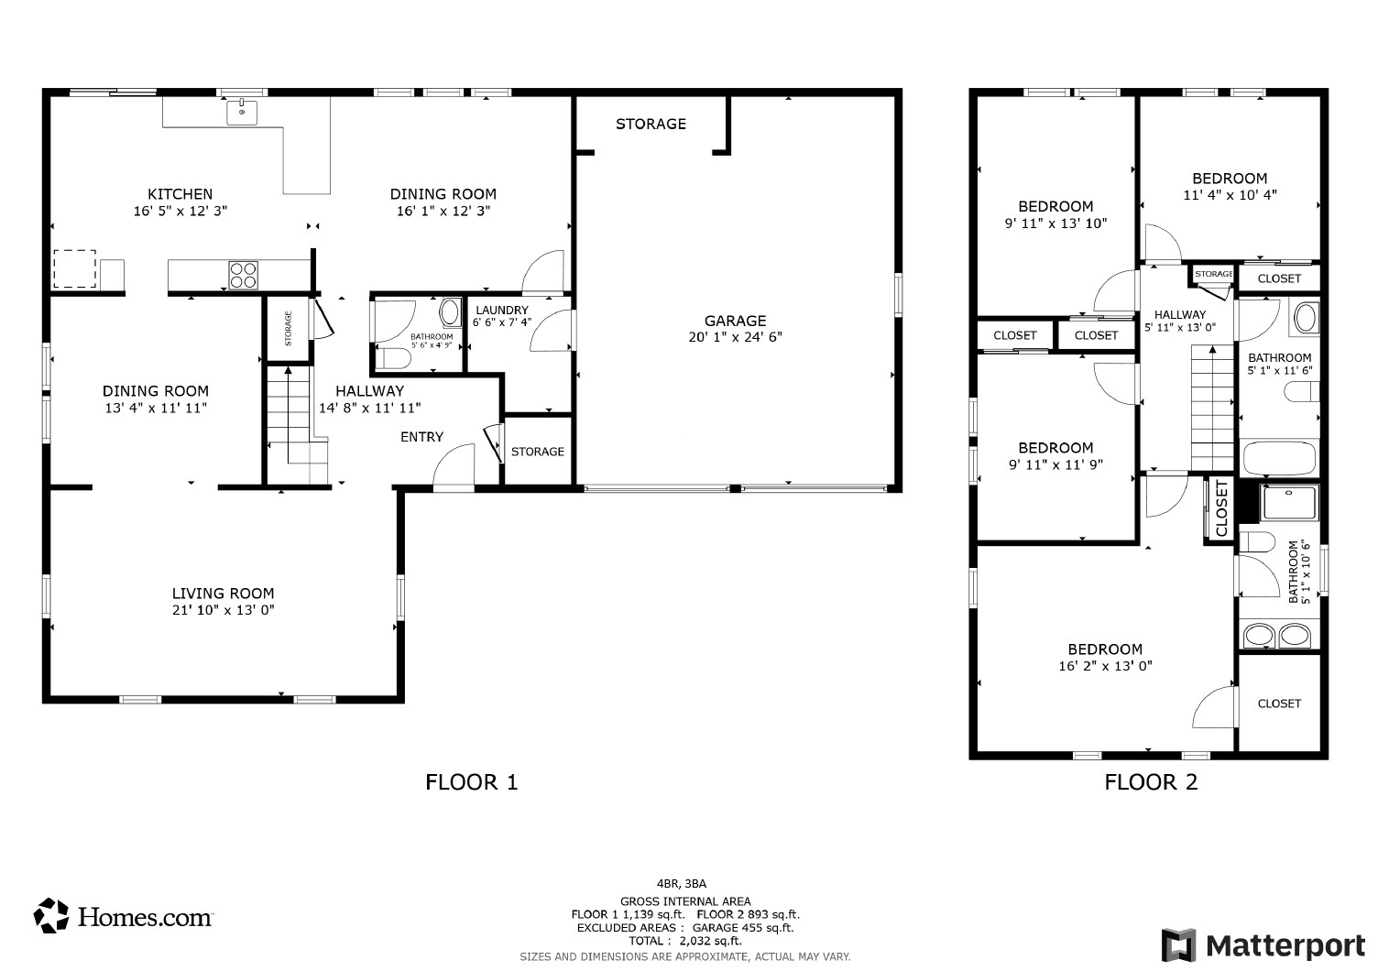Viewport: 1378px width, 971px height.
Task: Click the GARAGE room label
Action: (735, 321)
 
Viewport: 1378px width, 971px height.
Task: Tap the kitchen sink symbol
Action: (243, 112)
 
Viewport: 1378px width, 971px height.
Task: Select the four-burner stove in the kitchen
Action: (244, 274)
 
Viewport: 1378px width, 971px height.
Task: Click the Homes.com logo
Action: (123, 915)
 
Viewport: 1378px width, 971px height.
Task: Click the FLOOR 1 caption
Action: (472, 782)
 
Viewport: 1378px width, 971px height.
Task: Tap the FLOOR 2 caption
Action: (1151, 782)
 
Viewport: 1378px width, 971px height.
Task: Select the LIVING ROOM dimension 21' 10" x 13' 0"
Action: (224, 610)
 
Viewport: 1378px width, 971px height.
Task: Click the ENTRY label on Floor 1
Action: (421, 437)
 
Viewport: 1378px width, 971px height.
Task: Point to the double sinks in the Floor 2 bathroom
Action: (1279, 634)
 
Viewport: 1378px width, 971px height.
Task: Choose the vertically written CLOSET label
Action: (1221, 509)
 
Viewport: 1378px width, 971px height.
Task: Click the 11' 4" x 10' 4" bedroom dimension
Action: (1230, 195)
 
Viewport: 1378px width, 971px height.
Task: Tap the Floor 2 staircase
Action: (1212, 409)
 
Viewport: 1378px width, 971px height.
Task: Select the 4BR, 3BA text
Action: (682, 884)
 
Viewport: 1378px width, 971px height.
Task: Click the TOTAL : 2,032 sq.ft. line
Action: (684, 941)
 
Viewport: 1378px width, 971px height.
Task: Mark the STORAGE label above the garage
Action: (651, 124)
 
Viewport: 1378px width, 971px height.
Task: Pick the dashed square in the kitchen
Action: (74, 269)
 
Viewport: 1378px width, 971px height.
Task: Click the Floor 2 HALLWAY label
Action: (1180, 314)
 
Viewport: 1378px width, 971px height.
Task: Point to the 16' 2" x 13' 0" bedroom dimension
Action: (1105, 666)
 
